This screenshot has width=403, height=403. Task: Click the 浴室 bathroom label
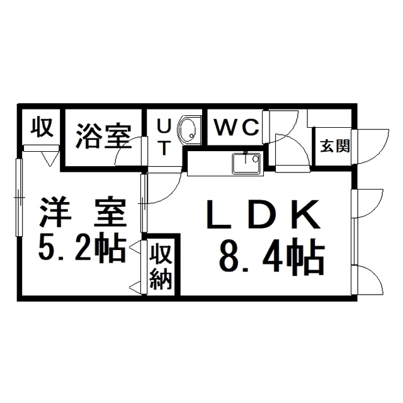[104, 137]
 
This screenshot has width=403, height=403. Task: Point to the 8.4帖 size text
[271, 257]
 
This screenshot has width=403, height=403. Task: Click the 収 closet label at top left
[42, 128]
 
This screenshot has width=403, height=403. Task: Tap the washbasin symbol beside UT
[187, 130]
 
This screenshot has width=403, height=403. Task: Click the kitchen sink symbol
[246, 163]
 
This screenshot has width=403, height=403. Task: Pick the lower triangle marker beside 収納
[134, 287]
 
